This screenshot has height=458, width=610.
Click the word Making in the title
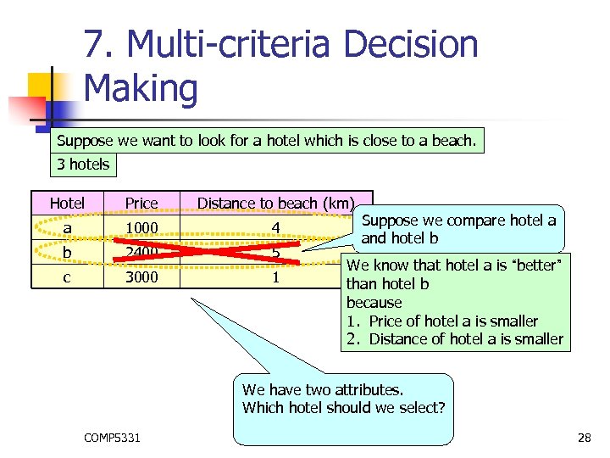141,88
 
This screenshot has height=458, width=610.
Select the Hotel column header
67,203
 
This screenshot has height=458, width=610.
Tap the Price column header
141,203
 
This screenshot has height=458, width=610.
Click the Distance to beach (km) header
275,203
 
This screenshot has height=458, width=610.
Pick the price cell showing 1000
141,227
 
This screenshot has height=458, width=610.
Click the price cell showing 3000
141,276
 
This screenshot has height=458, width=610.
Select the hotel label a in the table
67,227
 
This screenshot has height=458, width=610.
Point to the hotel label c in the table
67,276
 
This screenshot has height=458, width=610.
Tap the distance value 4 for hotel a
275,227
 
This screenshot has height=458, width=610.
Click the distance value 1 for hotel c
275,276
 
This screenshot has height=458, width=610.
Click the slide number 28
583,438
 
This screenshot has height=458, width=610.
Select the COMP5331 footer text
113,438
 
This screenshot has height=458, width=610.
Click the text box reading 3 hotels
83,164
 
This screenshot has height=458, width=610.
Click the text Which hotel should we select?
343,408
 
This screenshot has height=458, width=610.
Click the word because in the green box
374,303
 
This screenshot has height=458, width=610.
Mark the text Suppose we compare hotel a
458,221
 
